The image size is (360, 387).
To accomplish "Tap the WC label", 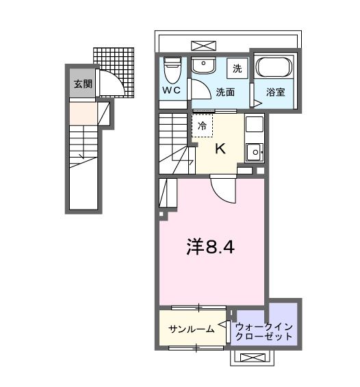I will [x=171, y=90].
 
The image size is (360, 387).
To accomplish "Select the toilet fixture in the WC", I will [x=172, y=67].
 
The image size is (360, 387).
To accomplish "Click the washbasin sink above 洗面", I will [x=202, y=66].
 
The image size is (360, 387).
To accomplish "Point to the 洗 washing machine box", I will [x=237, y=68].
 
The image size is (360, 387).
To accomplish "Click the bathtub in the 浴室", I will [x=274, y=68].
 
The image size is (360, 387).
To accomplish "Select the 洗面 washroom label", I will [x=226, y=90].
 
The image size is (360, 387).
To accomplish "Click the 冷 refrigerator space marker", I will [x=202, y=126].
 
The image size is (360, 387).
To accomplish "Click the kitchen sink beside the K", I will [x=254, y=151].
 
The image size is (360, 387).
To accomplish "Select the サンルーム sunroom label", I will [x=192, y=329].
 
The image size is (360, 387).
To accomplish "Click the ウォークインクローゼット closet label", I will [x=264, y=332].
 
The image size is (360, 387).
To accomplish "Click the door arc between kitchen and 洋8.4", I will [x=223, y=189].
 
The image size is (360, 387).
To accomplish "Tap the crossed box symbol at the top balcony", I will [x=204, y=45].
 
